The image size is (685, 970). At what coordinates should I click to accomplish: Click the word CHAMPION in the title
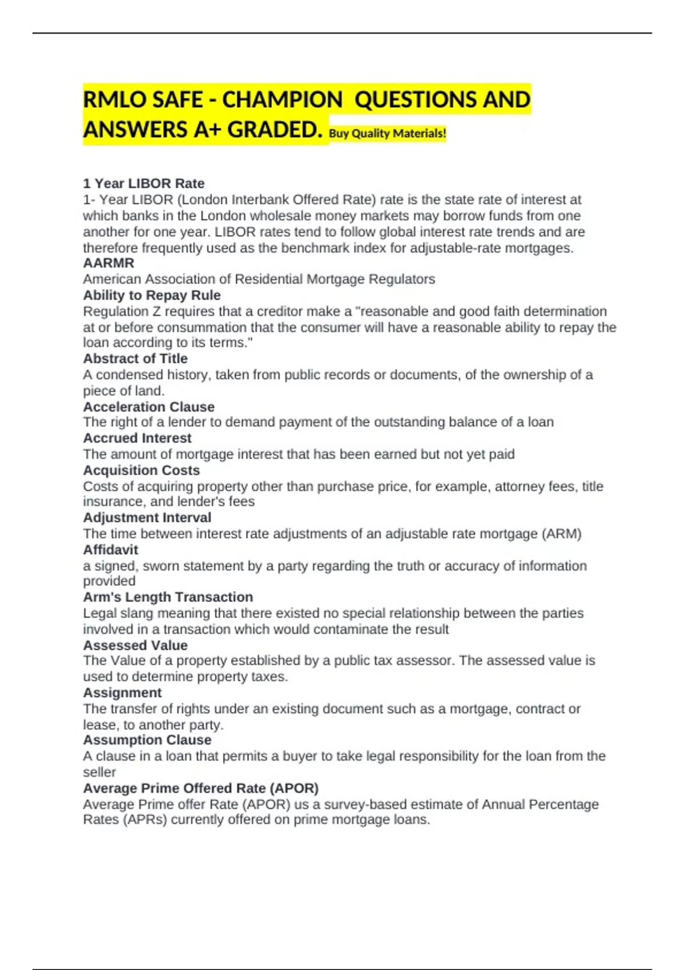pyautogui.click(x=282, y=100)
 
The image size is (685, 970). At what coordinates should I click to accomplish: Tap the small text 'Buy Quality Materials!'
pyautogui.click(x=388, y=134)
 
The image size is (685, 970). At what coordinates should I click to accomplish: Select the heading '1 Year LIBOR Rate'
pyautogui.click(x=144, y=184)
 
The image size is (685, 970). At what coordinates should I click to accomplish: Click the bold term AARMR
pyautogui.click(x=108, y=263)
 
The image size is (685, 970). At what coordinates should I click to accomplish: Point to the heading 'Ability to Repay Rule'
pyautogui.click(x=152, y=296)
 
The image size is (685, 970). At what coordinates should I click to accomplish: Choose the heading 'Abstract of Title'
pyautogui.click(x=135, y=359)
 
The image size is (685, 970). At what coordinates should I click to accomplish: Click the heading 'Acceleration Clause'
pyautogui.click(x=149, y=407)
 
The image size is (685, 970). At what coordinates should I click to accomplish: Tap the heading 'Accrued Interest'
pyautogui.click(x=137, y=438)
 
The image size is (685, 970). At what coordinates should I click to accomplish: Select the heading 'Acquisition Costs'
pyautogui.click(x=142, y=471)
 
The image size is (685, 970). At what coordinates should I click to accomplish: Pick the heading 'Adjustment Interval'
pyautogui.click(x=147, y=518)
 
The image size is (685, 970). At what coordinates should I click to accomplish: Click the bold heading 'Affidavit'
pyautogui.click(x=111, y=550)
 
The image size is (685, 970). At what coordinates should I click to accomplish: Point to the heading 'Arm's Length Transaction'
pyautogui.click(x=168, y=597)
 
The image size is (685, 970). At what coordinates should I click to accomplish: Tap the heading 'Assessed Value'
pyautogui.click(x=135, y=645)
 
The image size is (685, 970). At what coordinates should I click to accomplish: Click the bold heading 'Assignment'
pyautogui.click(x=122, y=693)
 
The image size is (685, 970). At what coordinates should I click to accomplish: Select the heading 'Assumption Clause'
pyautogui.click(x=147, y=740)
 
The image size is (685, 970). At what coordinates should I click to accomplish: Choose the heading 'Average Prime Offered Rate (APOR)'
pyautogui.click(x=201, y=789)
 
